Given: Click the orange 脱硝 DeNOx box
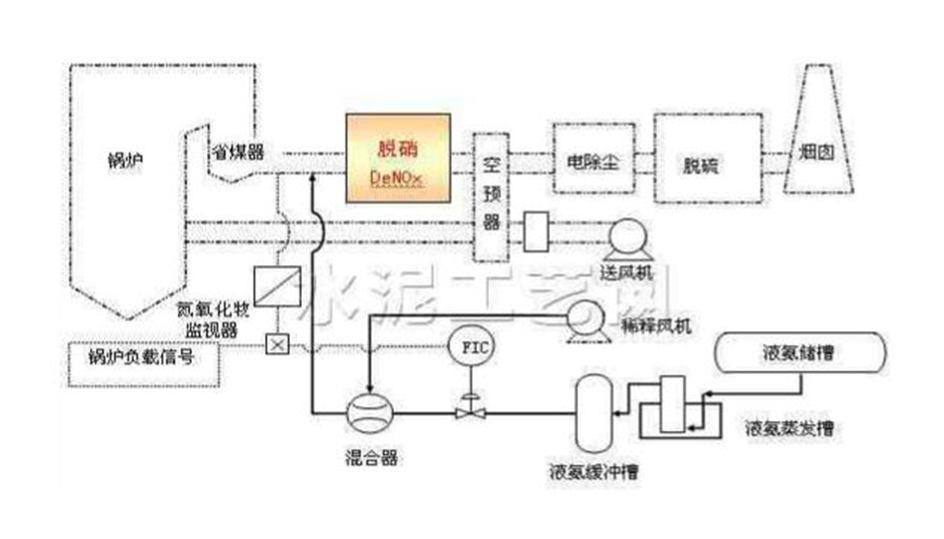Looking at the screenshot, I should coord(397,158).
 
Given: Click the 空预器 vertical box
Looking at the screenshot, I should coord(489,196).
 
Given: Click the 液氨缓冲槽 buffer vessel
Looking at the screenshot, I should coord(593,410).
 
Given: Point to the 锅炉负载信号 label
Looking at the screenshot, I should coord(135,357).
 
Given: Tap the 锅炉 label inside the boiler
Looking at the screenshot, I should coord(124,160).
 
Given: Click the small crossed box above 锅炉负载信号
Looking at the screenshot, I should coord(277,344).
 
